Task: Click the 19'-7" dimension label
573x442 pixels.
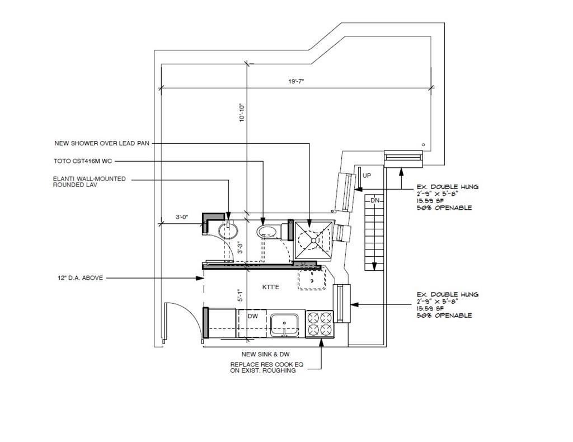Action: (x=296, y=82)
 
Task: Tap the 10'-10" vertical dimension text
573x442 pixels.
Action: (x=242, y=112)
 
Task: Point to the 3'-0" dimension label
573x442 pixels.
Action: (x=182, y=217)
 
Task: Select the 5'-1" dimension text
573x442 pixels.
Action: (x=240, y=295)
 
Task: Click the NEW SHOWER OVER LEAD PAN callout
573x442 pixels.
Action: (x=102, y=143)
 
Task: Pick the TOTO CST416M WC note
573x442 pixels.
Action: (x=83, y=161)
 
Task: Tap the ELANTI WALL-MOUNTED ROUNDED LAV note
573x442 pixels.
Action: (x=89, y=181)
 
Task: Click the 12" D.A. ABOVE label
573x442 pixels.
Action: (x=81, y=278)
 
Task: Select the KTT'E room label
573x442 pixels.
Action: (x=271, y=287)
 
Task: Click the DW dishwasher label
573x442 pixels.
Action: (x=253, y=316)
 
